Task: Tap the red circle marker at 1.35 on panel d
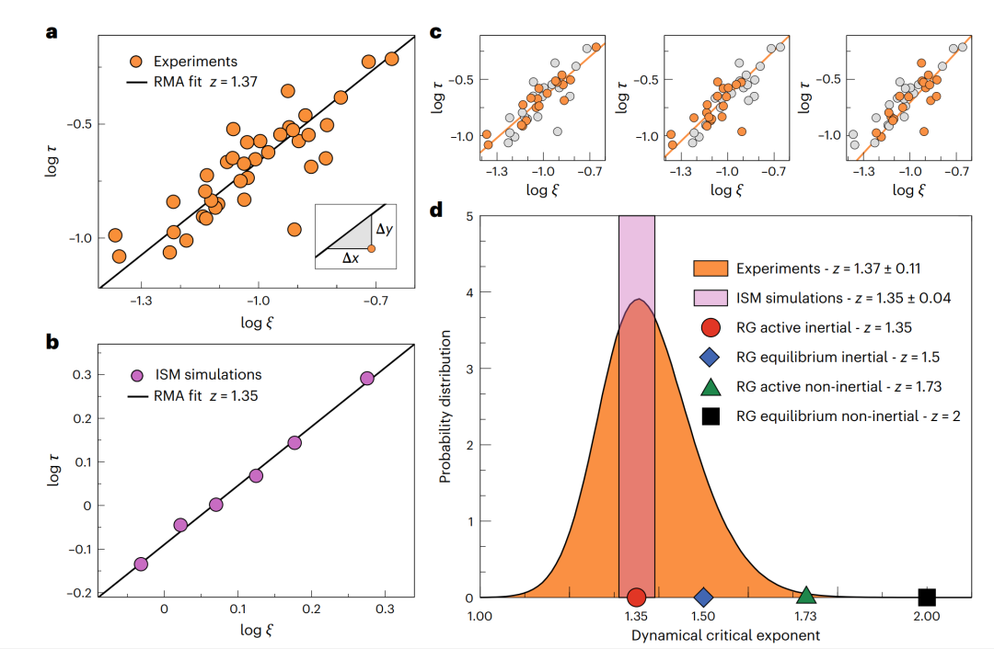636,598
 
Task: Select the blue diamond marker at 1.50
703,598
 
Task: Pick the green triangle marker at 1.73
806,597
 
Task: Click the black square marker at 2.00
927,598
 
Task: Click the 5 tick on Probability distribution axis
469,217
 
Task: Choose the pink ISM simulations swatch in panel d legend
711,298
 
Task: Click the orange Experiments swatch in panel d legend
711,268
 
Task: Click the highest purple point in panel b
367,379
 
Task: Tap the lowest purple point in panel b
141,564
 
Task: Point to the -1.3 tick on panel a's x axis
141,301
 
